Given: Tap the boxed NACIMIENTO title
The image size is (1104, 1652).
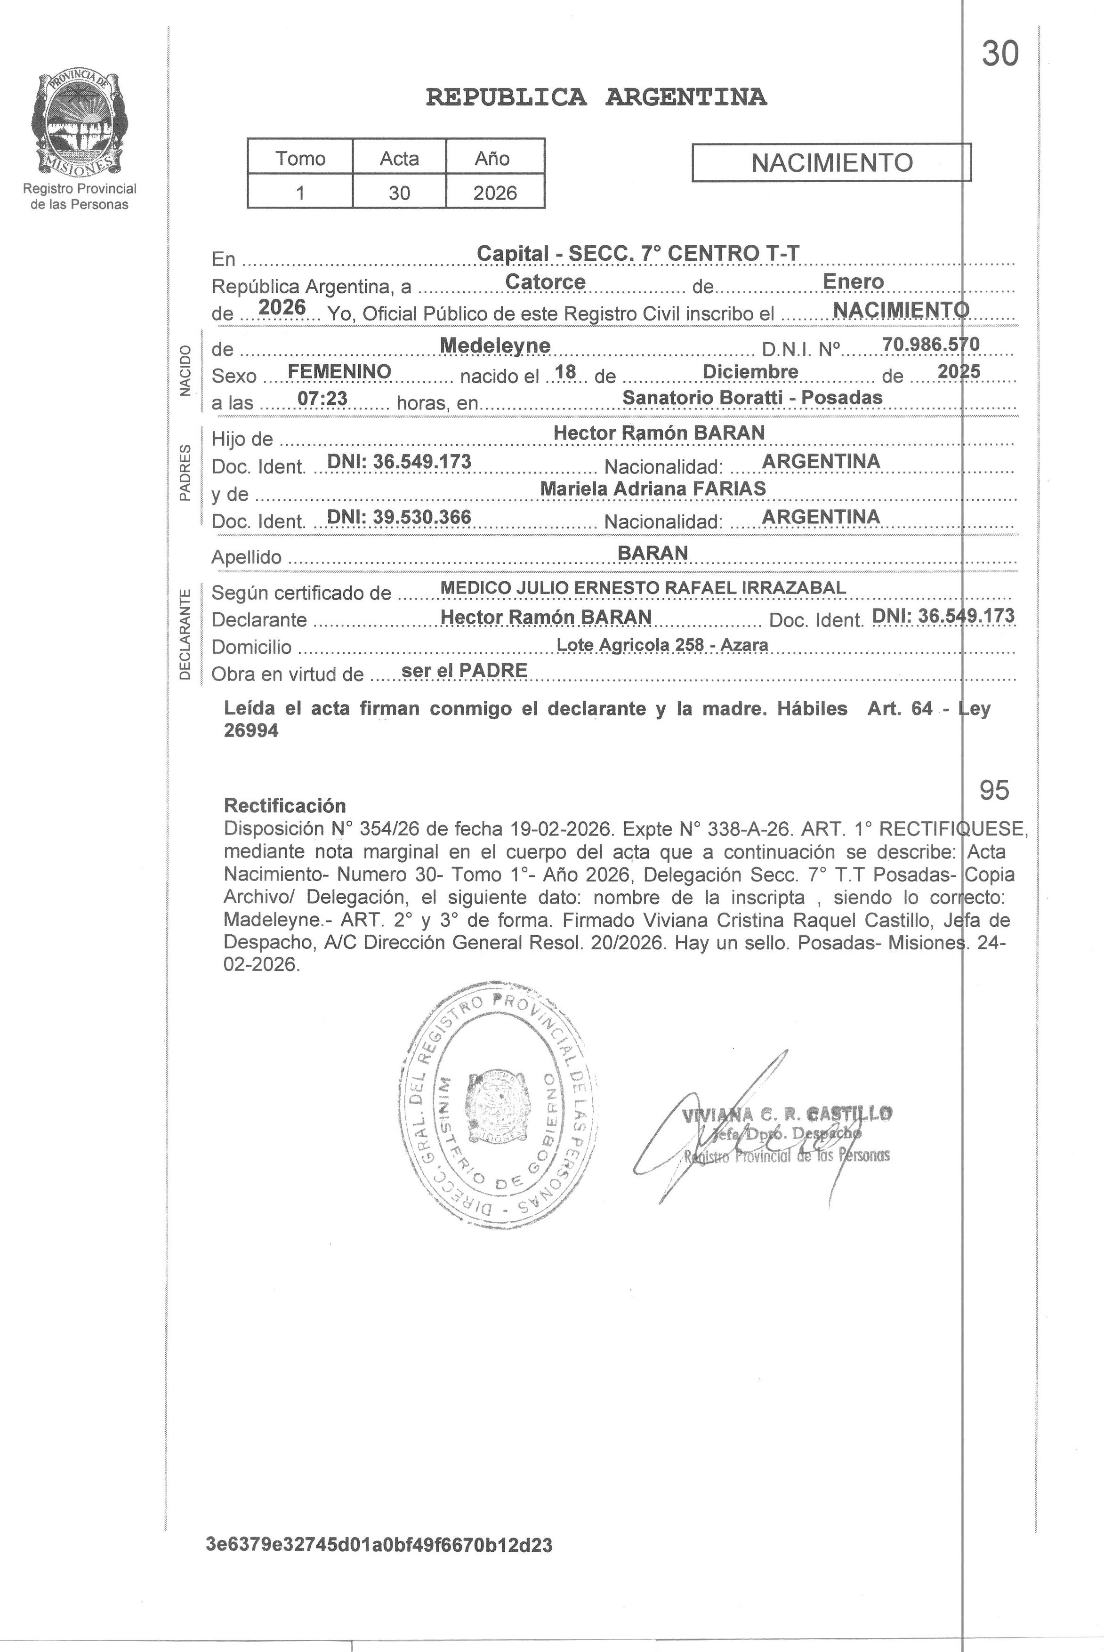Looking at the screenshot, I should (831, 162).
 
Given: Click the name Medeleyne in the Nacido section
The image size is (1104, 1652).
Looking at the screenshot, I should (494, 345).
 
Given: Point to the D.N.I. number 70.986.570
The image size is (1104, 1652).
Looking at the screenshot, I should (930, 344).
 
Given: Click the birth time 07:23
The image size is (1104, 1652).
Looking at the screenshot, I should (322, 398).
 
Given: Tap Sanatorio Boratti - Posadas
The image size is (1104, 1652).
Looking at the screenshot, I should (752, 398).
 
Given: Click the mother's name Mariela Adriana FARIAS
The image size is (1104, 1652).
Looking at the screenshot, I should (653, 489).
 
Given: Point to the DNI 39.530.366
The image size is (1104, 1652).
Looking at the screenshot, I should (399, 517).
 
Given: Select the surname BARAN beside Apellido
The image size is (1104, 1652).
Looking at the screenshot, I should (652, 553).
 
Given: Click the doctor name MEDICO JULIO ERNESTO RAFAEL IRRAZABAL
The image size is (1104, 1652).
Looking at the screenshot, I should (643, 588).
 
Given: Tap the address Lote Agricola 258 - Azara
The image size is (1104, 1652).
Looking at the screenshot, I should (662, 645).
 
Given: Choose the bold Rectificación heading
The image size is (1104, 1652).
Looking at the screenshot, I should (284, 805).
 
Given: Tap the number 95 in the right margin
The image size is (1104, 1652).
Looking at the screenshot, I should (994, 790).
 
